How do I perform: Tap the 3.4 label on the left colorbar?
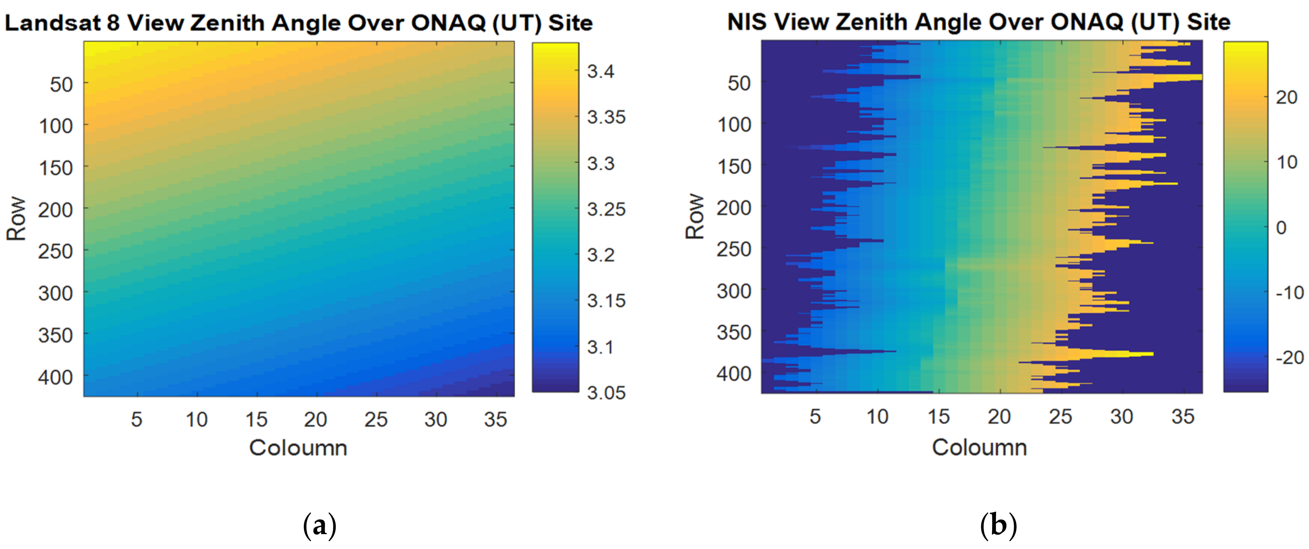tap(600, 71)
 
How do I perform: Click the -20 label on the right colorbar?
tap(1289, 357)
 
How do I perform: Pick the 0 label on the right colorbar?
tap(1281, 227)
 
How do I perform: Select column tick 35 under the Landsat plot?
tap(495, 419)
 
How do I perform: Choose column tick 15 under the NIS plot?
tap(938, 416)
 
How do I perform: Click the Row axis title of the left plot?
tap(16, 219)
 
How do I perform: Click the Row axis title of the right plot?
tap(694, 216)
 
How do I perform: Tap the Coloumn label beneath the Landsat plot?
tap(298, 448)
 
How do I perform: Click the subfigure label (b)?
tap(998, 525)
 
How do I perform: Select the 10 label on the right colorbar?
tap(1287, 162)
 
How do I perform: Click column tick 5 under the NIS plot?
tap(815, 416)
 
